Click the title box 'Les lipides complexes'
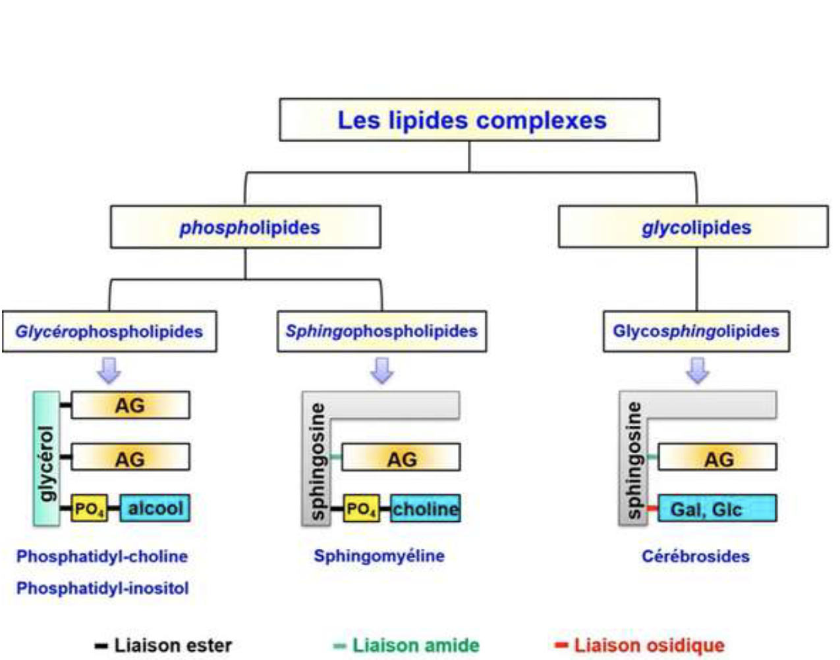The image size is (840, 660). tap(469, 120)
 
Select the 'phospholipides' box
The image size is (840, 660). tap(245, 227)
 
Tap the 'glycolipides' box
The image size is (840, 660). tap(693, 227)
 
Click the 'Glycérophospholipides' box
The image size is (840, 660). tap(109, 331)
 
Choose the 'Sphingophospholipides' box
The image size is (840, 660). tap(381, 331)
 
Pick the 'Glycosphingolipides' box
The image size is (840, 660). tap(696, 331)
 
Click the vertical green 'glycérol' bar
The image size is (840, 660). tap(46, 458)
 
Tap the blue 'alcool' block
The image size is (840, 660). tap(155, 508)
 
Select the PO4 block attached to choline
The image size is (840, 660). tap(361, 509)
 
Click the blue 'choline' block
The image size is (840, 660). tap(425, 509)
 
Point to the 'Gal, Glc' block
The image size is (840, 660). tap(717, 509)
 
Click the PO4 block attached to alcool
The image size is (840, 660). tap(89, 509)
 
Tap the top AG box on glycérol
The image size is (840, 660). tap(130, 405)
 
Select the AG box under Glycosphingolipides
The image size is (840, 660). tap(717, 457)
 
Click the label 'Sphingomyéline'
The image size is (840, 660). tap(379, 556)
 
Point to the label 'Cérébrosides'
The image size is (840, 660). tap(695, 557)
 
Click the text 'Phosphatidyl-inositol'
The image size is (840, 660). tap(103, 588)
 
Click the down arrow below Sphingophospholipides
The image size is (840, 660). tap(382, 370)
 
